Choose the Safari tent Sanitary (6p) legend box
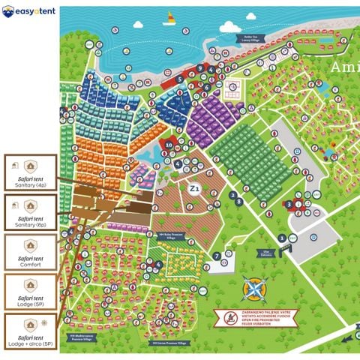point(30,213)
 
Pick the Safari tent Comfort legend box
point(30,253)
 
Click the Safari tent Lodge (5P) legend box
point(30,292)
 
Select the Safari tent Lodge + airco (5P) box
point(30,331)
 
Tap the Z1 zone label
point(195,189)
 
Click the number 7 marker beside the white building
point(216,256)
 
